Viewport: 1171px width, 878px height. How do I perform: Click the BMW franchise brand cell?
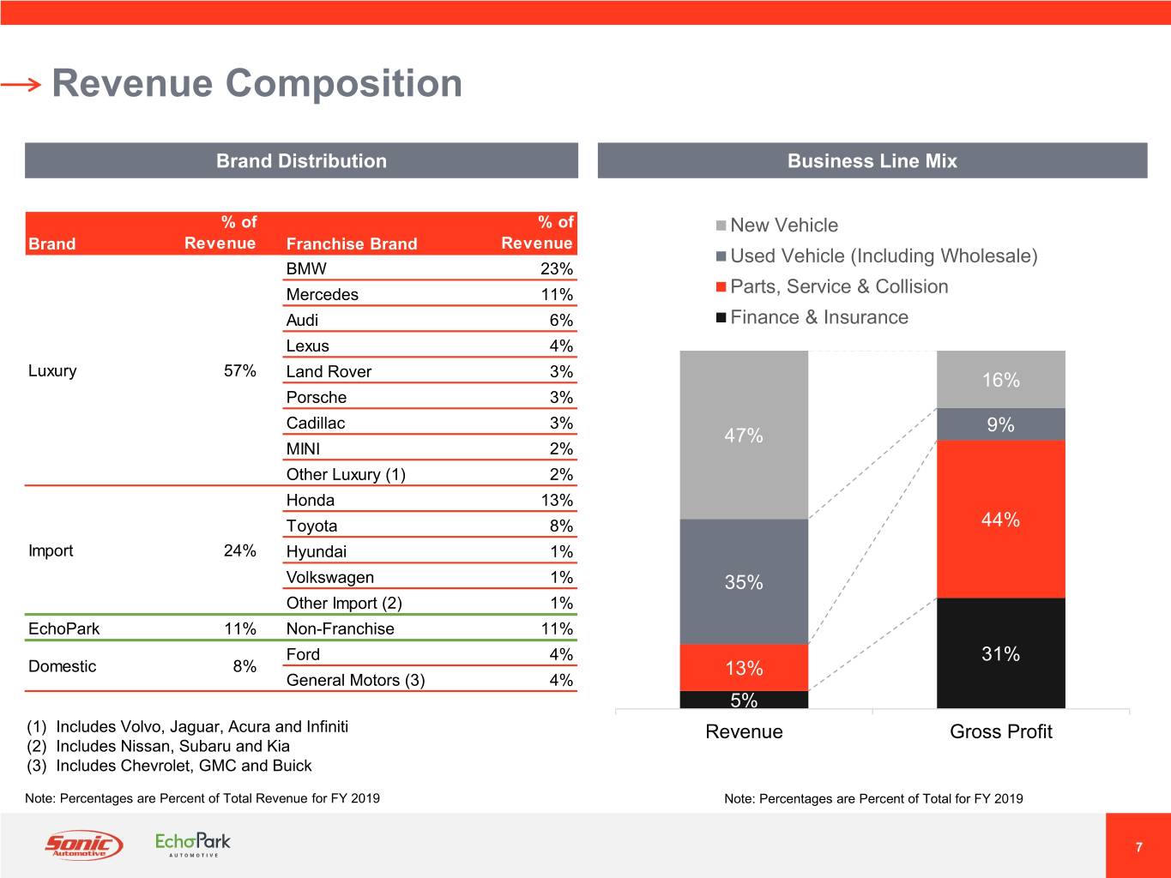pyautogui.click(x=306, y=268)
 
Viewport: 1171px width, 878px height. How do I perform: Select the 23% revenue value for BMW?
pyautogui.click(x=557, y=268)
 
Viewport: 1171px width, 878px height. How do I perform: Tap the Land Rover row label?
pyautogui.click(x=329, y=371)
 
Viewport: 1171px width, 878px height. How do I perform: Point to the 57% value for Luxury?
pyautogui.click(x=239, y=370)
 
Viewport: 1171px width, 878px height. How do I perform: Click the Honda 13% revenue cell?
pyautogui.click(x=557, y=500)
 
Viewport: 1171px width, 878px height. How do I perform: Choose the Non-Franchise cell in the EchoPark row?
pyautogui.click(x=341, y=628)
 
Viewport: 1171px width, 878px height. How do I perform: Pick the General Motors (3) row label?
pyautogui.click(x=355, y=680)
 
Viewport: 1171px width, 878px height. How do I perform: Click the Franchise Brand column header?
pyautogui.click(x=352, y=244)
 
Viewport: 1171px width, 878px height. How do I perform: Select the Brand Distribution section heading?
pyautogui.click(x=301, y=160)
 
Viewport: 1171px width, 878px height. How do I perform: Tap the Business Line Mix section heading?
pyautogui.click(x=872, y=160)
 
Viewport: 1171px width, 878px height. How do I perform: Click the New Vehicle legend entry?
pyautogui.click(x=776, y=225)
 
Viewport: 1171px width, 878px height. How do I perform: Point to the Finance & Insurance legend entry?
pyautogui.click(x=812, y=317)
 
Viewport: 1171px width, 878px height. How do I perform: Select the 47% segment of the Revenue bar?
pyautogui.click(x=744, y=435)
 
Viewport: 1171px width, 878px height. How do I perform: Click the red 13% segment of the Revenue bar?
pyautogui.click(x=744, y=667)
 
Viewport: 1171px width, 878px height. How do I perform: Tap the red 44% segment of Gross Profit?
pyautogui.click(x=1001, y=519)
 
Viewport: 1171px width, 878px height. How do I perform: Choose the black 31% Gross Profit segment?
pyautogui.click(x=1001, y=653)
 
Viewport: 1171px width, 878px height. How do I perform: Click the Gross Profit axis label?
pyautogui.click(x=1001, y=731)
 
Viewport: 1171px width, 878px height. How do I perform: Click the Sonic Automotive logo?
pyautogui.click(x=84, y=845)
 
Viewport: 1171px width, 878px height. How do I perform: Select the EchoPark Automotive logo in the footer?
pyautogui.click(x=192, y=845)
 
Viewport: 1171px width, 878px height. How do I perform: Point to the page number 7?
pyautogui.click(x=1138, y=847)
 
